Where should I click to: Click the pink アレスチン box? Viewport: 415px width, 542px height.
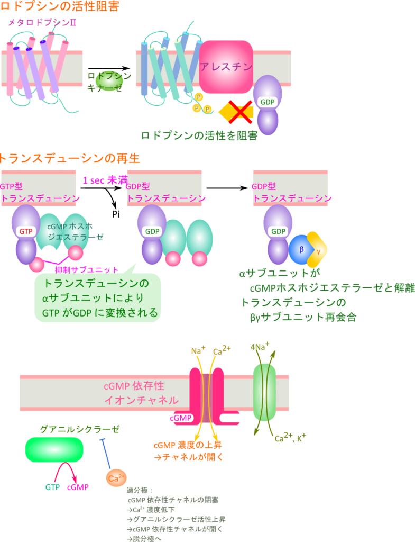pos(226,67)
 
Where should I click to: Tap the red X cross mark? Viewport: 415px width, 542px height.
pos(239,111)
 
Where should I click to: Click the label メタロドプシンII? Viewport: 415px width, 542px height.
pos(41,23)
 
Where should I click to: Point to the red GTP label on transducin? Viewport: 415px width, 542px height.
pos(26,231)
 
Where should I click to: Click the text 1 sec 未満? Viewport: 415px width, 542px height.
pos(105,180)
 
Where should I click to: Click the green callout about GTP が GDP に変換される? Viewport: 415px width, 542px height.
pos(98,298)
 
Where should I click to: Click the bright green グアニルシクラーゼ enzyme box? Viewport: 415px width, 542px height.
pos(54,449)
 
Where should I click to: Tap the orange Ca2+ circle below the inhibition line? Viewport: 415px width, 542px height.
pos(116,478)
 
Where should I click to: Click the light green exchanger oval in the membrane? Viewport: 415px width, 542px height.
pos(264,392)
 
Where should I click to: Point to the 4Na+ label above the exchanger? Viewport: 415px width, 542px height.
pos(260,347)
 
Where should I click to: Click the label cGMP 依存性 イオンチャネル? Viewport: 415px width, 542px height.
pos(141,392)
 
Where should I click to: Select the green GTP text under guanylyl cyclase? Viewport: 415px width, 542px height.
pos(52,487)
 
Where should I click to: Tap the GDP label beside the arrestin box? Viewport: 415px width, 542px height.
pos(268,102)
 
